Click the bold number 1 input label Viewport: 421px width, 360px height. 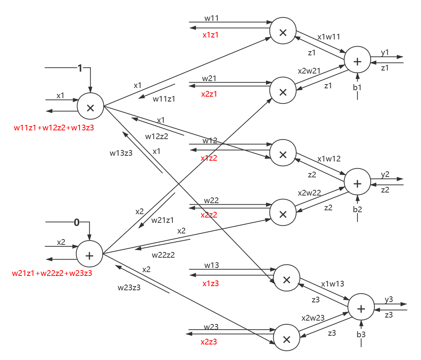[80, 68]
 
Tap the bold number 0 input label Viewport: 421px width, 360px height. [77, 222]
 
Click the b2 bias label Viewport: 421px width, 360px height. [357, 209]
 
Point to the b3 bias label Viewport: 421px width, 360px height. [361, 334]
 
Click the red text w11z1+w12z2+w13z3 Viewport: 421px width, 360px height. [54, 128]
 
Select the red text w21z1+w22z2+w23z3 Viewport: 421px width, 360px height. [52, 273]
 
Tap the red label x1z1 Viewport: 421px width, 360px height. [210, 35]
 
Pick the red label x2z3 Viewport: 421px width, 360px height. [209, 342]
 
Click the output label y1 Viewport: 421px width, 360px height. [385, 52]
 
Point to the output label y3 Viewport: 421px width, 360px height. [389, 299]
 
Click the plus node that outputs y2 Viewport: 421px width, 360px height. [357, 183]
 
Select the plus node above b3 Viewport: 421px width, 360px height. [361, 308]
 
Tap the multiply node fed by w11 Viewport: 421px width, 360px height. [282, 33]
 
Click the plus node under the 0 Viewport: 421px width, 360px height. [89, 255]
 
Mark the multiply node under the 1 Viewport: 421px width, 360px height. [90, 107]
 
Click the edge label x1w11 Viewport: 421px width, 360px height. [329, 37]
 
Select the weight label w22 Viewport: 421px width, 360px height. [211, 200]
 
